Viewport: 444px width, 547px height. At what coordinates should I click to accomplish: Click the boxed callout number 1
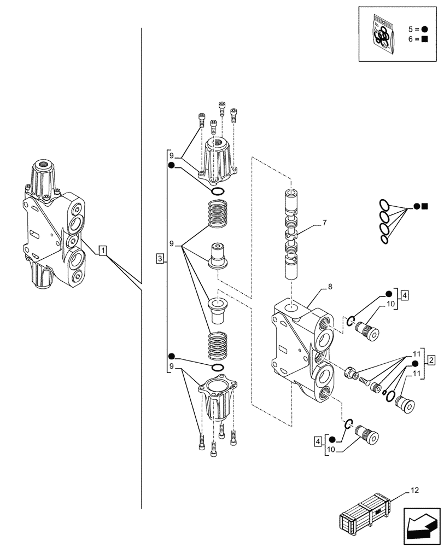(x=103, y=251)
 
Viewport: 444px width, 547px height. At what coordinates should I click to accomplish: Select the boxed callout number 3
(x=159, y=258)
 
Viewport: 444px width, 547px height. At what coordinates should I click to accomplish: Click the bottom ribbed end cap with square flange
(x=217, y=399)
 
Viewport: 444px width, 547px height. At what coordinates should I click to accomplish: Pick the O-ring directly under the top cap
(x=217, y=191)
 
